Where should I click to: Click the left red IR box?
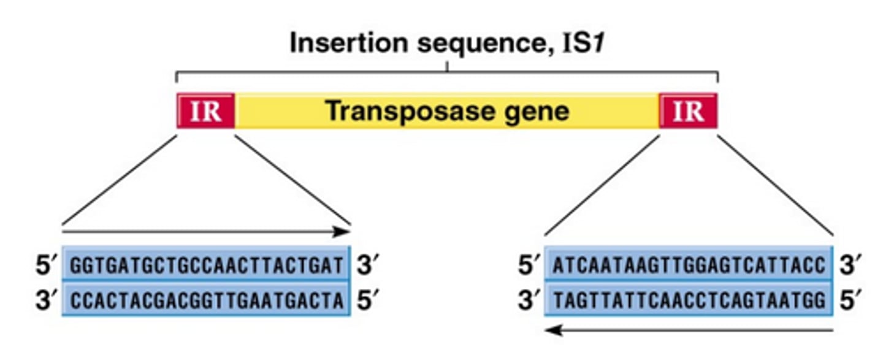[205, 111]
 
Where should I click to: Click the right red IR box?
[687, 111]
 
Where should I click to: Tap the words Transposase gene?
[446, 111]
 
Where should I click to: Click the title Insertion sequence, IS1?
[446, 44]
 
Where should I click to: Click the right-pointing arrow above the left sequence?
[206, 232]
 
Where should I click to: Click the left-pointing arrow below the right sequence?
[688, 331]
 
